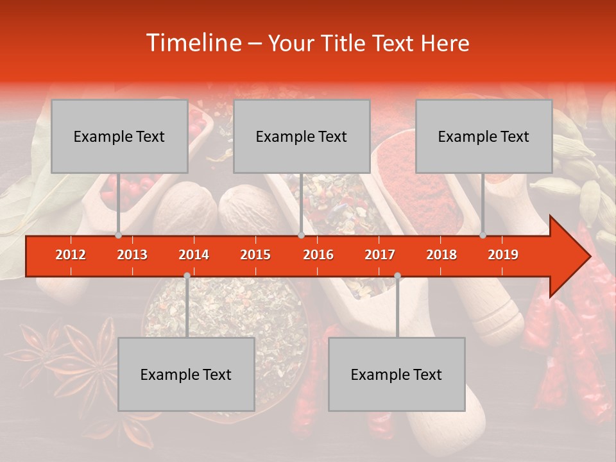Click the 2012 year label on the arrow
click(x=71, y=255)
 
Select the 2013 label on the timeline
click(x=132, y=255)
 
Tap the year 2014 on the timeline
click(x=194, y=255)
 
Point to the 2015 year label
click(x=255, y=255)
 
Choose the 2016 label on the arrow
click(x=318, y=255)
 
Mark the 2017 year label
click(x=380, y=255)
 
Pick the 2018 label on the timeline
click(x=441, y=255)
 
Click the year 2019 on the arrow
click(x=503, y=255)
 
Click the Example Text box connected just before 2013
click(x=119, y=136)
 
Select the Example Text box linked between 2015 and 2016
click(x=302, y=136)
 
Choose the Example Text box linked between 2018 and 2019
click(x=484, y=136)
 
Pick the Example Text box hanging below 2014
click(x=186, y=374)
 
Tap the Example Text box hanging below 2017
click(x=397, y=374)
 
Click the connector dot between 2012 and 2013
click(x=118, y=235)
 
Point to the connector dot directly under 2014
click(x=187, y=275)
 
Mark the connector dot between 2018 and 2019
click(x=483, y=235)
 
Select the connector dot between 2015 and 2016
click(x=301, y=235)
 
